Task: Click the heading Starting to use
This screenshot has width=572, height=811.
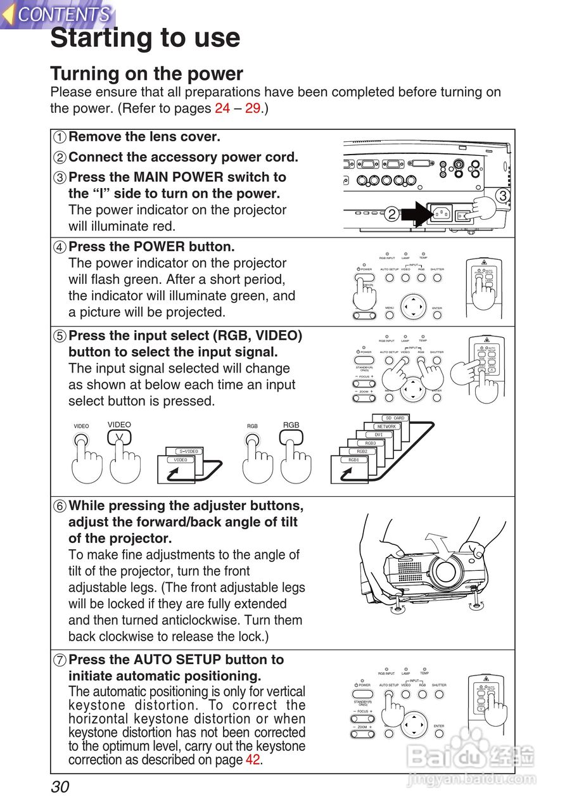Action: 145,38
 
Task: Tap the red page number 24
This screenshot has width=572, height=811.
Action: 222,108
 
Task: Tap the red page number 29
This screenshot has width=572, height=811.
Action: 253,108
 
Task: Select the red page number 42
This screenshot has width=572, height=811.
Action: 253,760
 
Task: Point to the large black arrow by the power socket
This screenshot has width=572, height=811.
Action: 418,214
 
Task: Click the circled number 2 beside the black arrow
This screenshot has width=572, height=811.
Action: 392,214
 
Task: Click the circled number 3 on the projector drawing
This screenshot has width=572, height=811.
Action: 502,196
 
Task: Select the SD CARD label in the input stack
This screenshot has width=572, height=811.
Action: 395,418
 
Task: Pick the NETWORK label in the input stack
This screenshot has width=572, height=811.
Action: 386,426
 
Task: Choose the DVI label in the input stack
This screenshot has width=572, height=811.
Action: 378,435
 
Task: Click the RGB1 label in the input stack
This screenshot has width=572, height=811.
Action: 353,460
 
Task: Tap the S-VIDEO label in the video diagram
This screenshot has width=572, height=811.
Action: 188,451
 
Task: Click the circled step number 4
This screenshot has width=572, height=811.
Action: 60,247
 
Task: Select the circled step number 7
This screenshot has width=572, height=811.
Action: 60,660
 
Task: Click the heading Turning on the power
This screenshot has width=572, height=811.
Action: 146,73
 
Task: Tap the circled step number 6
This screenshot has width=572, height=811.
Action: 60,506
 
